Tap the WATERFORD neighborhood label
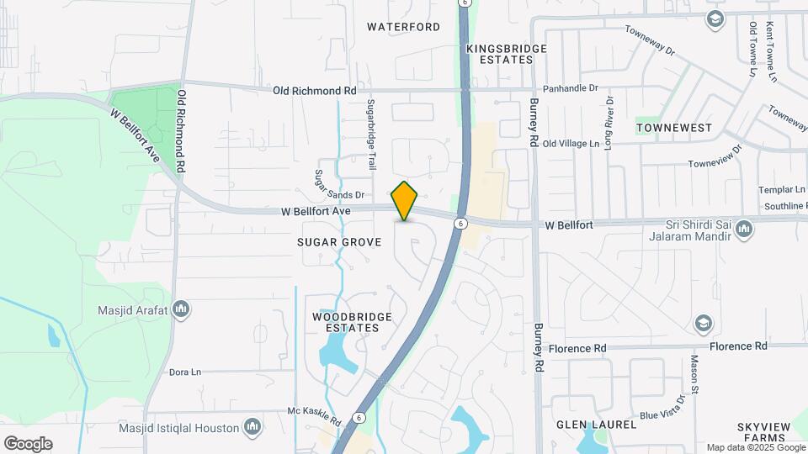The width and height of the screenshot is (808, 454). (x=404, y=27)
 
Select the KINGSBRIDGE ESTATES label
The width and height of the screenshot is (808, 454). (x=507, y=55)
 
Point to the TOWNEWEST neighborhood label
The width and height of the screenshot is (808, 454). (x=674, y=128)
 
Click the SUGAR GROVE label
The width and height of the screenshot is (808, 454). (x=339, y=242)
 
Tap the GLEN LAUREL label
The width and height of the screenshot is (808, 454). (x=596, y=425)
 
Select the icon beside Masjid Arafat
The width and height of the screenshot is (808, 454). (x=180, y=311)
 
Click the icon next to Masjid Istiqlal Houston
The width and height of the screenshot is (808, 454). (x=252, y=428)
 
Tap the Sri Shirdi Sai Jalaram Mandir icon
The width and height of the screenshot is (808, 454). (x=744, y=230)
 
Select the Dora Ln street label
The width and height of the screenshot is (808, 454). (x=185, y=372)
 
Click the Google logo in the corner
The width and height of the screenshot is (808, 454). (x=28, y=443)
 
